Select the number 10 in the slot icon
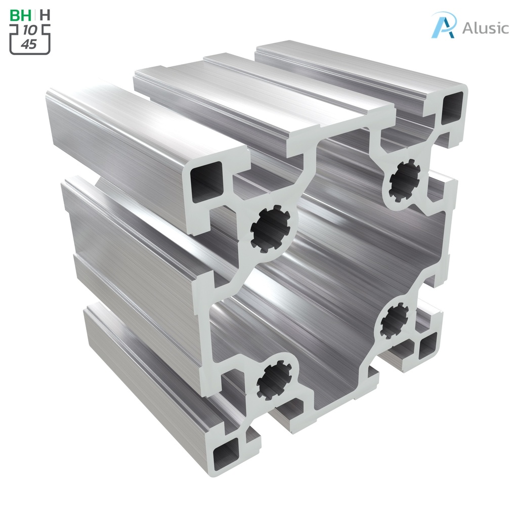[30, 31]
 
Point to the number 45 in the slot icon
[29, 45]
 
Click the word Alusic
[485, 28]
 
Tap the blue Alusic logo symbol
[444, 25]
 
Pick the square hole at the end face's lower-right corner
[427, 346]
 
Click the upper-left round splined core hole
[271, 229]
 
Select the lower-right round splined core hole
[394, 321]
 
